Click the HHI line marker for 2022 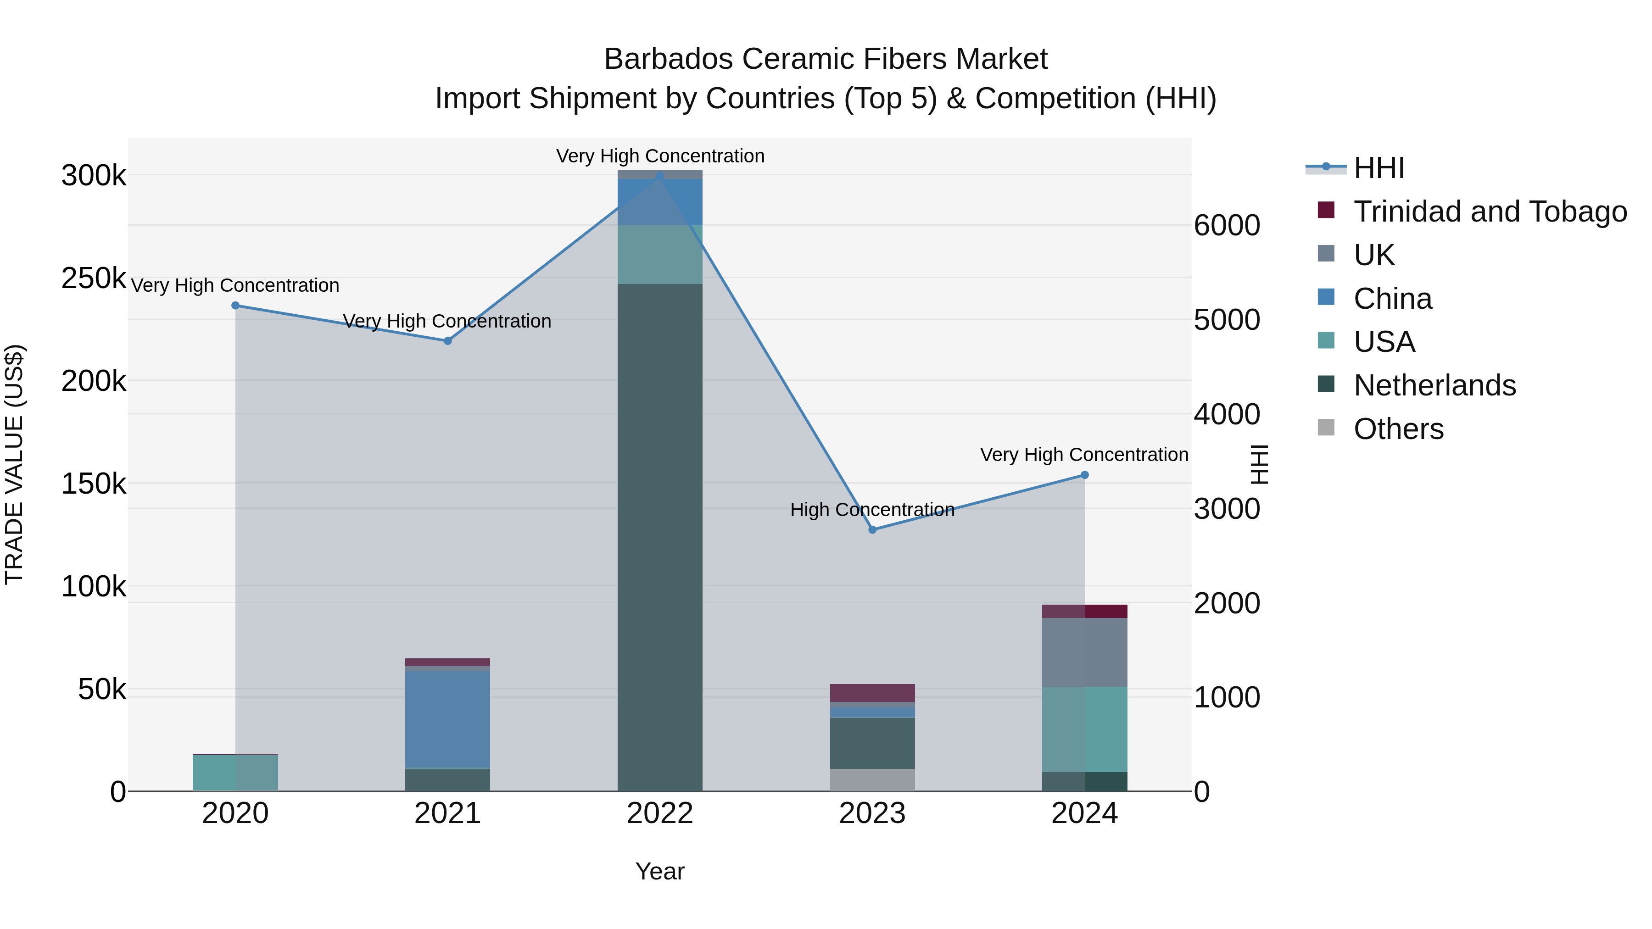point(660,175)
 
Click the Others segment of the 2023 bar point(872,780)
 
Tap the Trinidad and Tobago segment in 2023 point(872,693)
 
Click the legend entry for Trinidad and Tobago point(1490,211)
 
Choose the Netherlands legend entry point(1434,385)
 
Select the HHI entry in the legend point(1379,168)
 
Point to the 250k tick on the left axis point(94,279)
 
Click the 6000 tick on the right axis point(1227,226)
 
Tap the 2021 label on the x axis point(447,813)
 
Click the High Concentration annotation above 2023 point(872,510)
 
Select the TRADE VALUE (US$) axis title point(14,464)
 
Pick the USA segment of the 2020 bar point(235,773)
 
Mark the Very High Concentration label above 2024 point(1084,455)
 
